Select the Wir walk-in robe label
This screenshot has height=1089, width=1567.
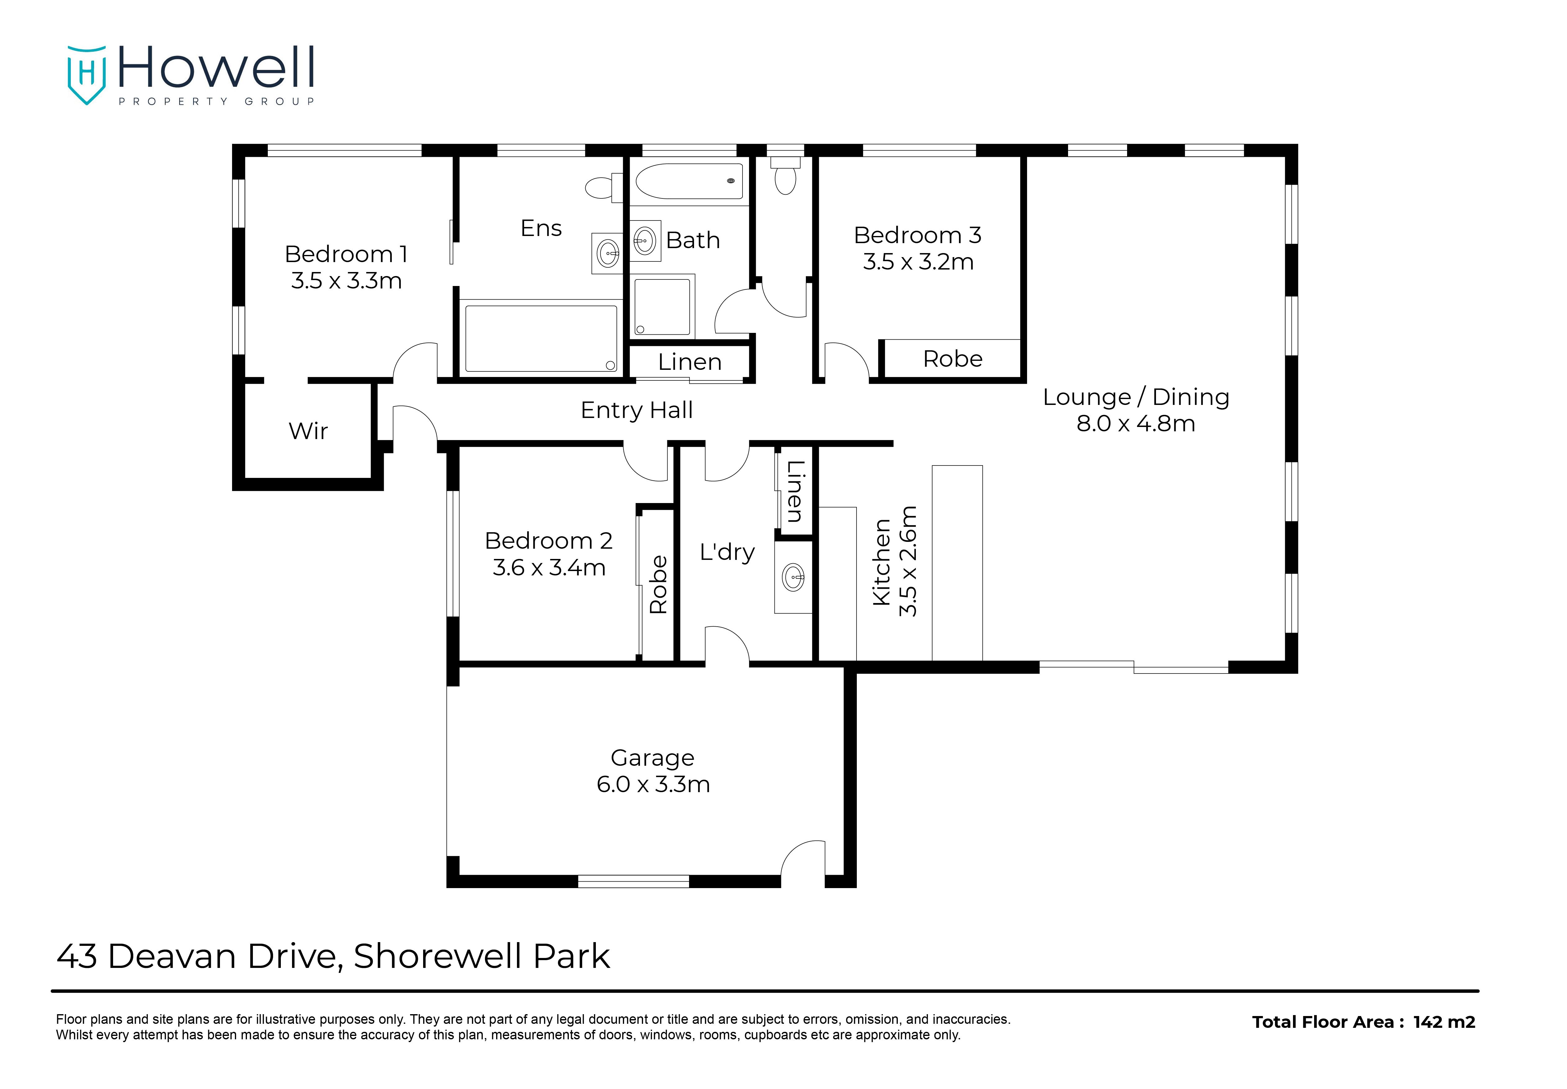[308, 431]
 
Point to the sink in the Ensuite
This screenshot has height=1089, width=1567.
[607, 254]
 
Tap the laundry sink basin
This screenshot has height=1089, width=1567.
[794, 577]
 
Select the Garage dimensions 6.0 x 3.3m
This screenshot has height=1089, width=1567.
[653, 785]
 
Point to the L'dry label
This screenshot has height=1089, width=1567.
[728, 552]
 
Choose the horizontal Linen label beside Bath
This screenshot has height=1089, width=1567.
[690, 362]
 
